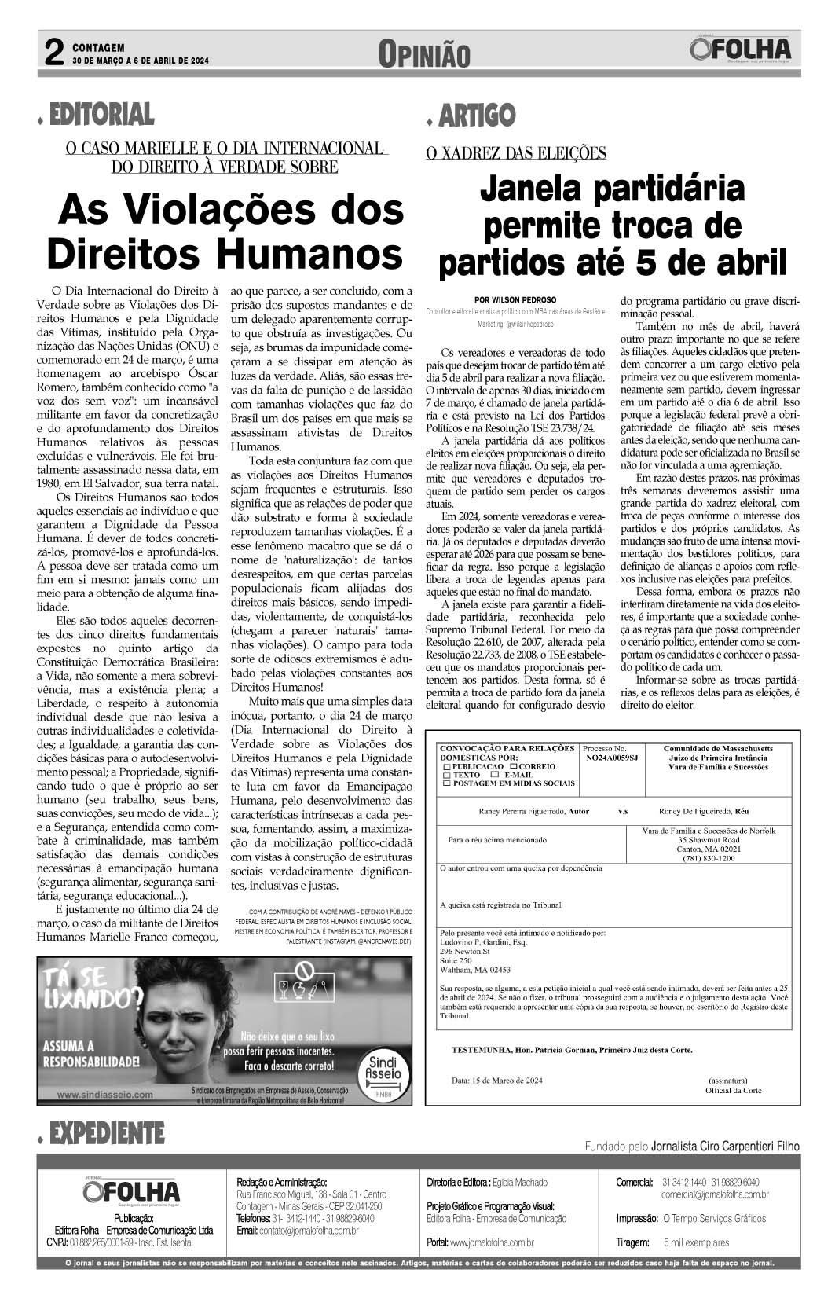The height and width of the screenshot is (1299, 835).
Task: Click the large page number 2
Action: pos(53,53)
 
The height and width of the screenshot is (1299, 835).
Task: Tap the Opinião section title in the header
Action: pos(424,55)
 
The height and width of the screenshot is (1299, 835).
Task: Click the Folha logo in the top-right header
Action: pos(742,51)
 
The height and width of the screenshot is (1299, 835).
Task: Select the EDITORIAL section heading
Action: pos(101,115)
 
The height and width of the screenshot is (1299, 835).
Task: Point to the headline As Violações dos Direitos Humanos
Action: pos(225,232)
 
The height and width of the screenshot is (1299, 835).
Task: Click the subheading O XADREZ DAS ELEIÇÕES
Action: pos(515,153)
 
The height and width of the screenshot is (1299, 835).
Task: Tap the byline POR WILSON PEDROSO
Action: pos(515,299)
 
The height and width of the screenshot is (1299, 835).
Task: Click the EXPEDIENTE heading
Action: pos(106,1133)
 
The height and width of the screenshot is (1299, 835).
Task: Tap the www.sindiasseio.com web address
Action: pos(106,1094)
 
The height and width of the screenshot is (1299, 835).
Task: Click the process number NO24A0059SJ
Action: pos(612,758)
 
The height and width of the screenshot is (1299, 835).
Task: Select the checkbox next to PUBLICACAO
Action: pos(448,766)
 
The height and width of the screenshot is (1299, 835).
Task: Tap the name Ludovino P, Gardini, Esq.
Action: pos(483,941)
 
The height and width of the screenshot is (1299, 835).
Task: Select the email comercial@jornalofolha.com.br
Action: pos(715,1194)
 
